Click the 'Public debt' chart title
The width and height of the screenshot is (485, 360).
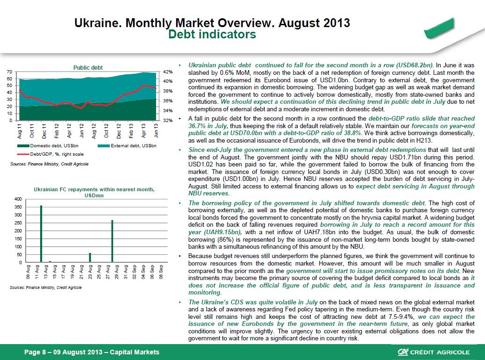[x=88, y=67]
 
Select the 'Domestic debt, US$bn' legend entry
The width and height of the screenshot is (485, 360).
[x=48, y=146]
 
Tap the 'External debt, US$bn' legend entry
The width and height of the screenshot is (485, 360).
[x=127, y=146]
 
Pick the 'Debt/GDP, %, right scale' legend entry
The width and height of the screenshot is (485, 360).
[x=50, y=154]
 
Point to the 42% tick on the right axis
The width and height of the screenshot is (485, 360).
[x=168, y=72]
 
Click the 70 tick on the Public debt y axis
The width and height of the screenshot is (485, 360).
[x=9, y=72]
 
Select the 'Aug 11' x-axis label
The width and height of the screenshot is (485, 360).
[x=20, y=131]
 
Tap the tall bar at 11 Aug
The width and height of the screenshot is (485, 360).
[x=41, y=234]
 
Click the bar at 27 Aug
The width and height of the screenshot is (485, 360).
[x=112, y=241]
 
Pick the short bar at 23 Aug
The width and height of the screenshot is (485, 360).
[x=90, y=258]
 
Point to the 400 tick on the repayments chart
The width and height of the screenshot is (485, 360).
[x=18, y=199]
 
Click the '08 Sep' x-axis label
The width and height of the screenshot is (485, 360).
[x=161, y=272]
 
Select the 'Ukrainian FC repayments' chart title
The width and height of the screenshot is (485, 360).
[x=94, y=192]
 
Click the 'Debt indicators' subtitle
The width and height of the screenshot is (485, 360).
[x=212, y=34]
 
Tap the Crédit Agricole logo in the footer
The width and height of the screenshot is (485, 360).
[x=434, y=352]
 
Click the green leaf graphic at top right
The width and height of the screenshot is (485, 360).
[x=439, y=29]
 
